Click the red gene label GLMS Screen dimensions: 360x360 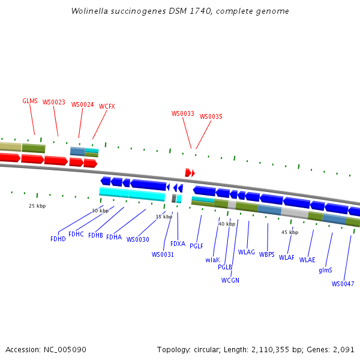pyautogui.click(x=30, y=101)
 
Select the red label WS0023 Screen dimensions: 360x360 pyautogui.click(x=54, y=102)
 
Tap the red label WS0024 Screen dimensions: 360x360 pyautogui.click(x=83, y=104)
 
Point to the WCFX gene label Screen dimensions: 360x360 pyautogui.click(x=107, y=106)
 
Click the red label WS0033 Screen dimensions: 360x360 pyautogui.click(x=183, y=113)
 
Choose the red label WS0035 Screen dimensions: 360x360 pyautogui.click(x=211, y=116)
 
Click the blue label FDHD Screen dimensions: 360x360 pyautogui.click(x=58, y=239)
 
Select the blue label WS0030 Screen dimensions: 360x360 pyautogui.click(x=137, y=239)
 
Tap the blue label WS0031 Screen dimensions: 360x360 pyautogui.click(x=163, y=254)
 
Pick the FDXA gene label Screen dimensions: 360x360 pyautogui.click(x=178, y=244)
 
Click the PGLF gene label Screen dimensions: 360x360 pyautogui.click(x=197, y=246)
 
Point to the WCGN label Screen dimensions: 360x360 pyautogui.click(x=230, y=280)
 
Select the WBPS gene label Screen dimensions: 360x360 pyautogui.click(x=267, y=254)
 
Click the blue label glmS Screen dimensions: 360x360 pyautogui.click(x=325, y=270)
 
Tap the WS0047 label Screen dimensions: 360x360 pyautogui.click(x=343, y=284)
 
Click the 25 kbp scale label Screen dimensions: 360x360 pyautogui.click(x=37, y=206)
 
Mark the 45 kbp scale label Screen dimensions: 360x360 pyautogui.click(x=290, y=232)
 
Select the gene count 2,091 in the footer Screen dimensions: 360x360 pyautogui.click(x=344, y=349)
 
